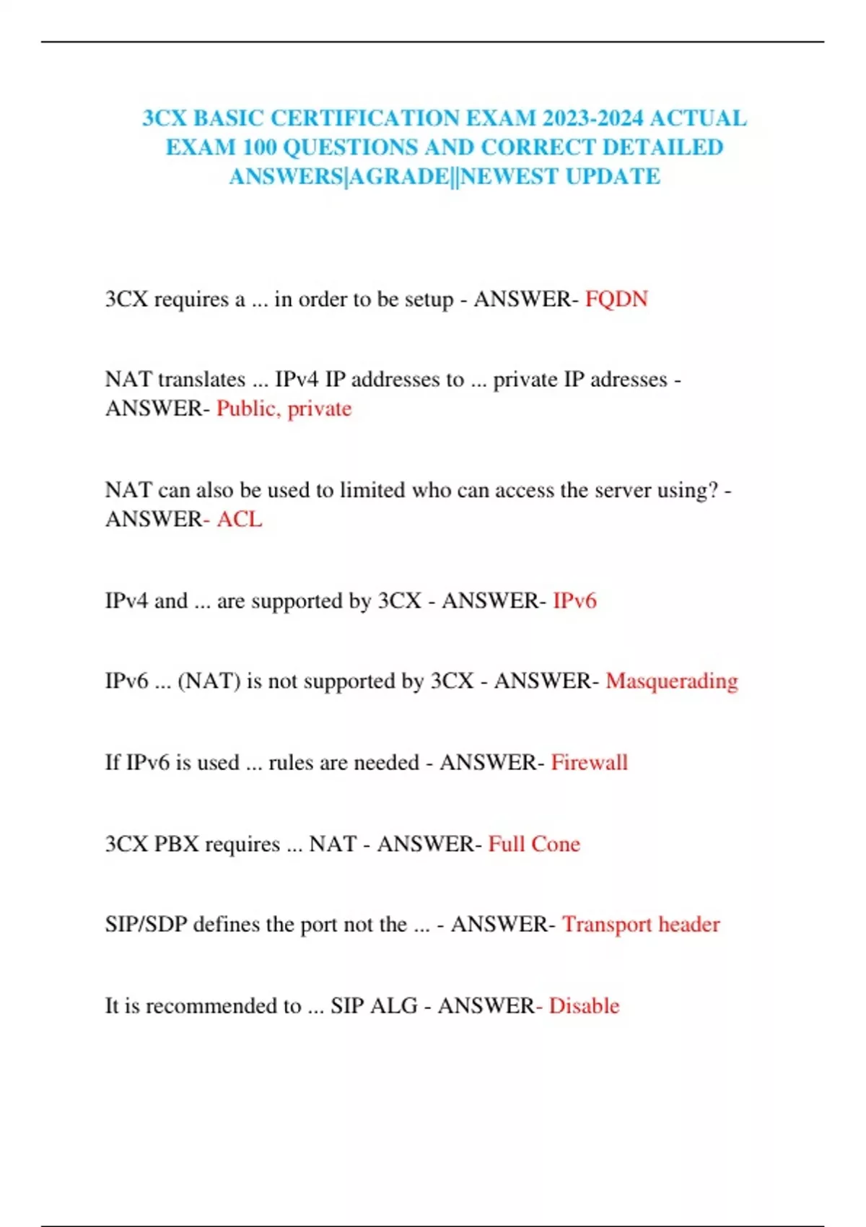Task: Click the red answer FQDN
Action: point(616,299)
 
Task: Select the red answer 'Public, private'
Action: point(284,409)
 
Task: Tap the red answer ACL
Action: point(240,519)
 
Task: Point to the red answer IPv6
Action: point(574,601)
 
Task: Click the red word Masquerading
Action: point(671,681)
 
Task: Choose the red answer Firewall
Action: point(589,762)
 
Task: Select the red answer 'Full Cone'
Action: point(534,844)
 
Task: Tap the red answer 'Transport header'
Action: point(641,924)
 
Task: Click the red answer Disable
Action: point(584,1005)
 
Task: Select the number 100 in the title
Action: point(259,147)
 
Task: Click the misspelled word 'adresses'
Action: point(629,380)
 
